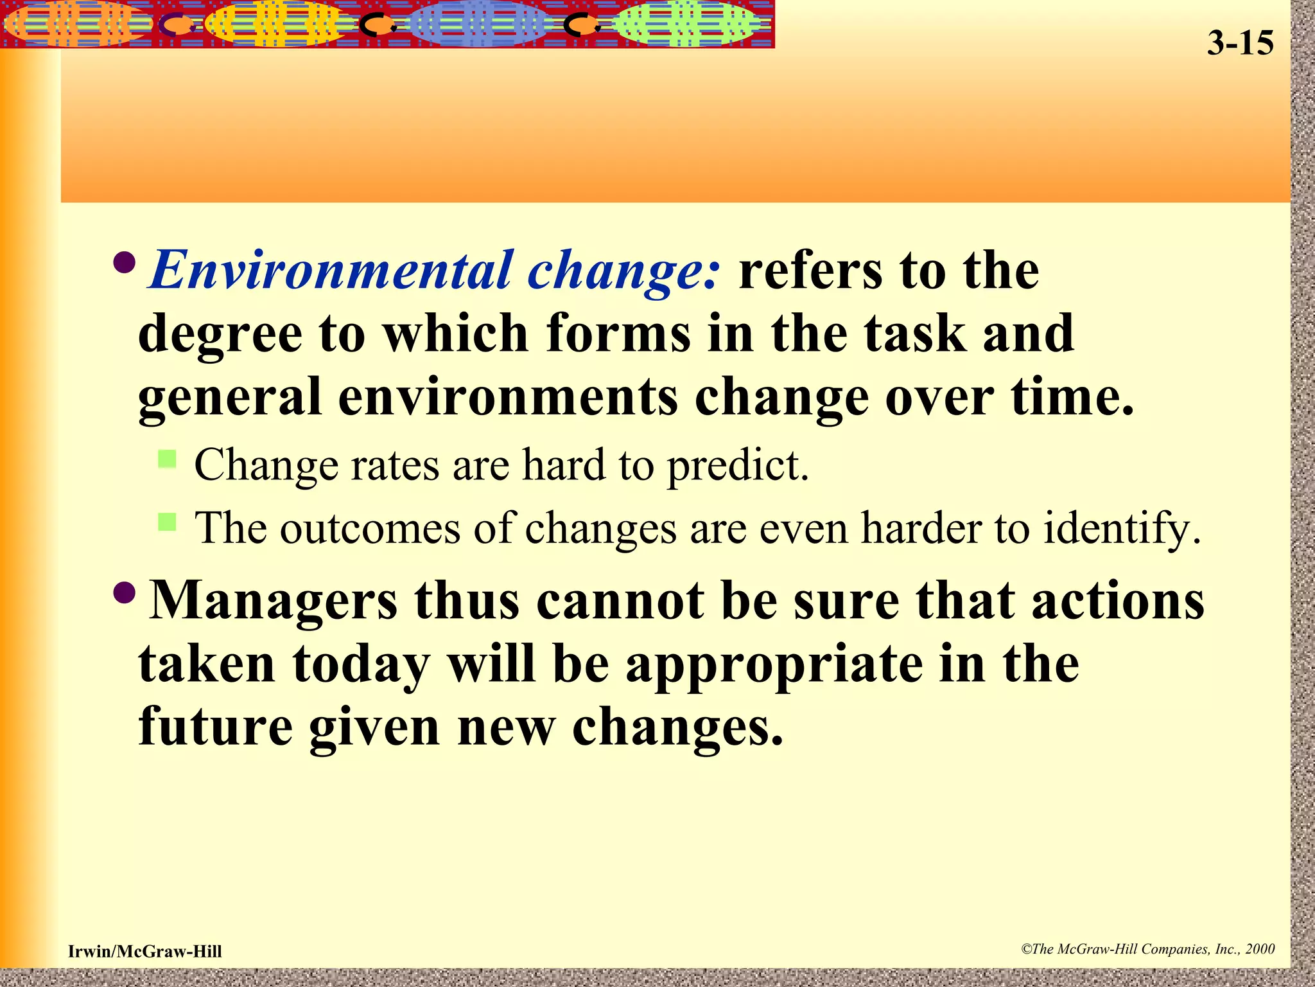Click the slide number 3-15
pyautogui.click(x=1240, y=44)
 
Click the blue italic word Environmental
pyautogui.click(x=330, y=271)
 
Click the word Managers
pyautogui.click(x=273, y=601)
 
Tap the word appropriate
pyautogui.click(x=774, y=666)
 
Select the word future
pyautogui.click(x=215, y=726)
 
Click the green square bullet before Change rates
pyautogui.click(x=167, y=459)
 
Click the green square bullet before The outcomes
pyautogui.click(x=167, y=521)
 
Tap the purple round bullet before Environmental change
pyautogui.click(x=124, y=262)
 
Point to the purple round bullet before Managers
pyautogui.click(x=124, y=592)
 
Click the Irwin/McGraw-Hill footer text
pyautogui.click(x=145, y=952)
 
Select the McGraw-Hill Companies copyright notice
pyautogui.click(x=1147, y=949)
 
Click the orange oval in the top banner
pyautogui.click(x=77, y=24)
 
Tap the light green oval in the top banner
pyautogui.click(x=684, y=24)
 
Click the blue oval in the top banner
pyautogui.click(x=478, y=24)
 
